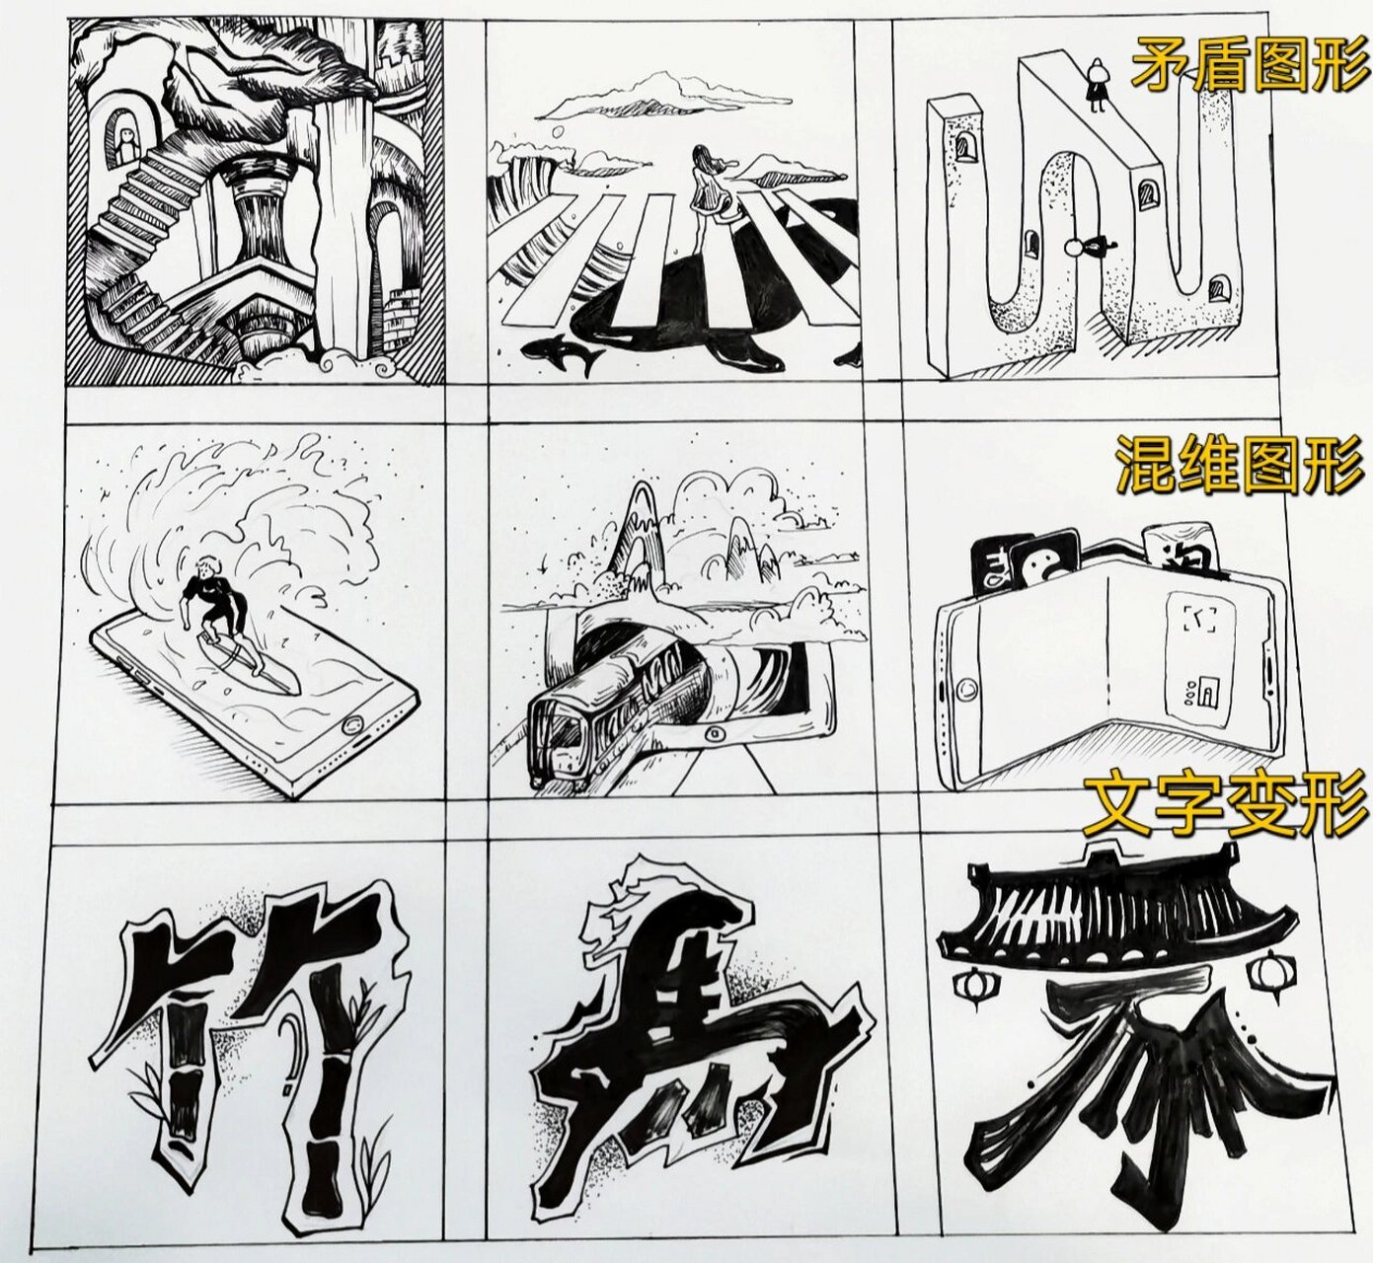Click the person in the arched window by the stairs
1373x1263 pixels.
(x=126, y=138)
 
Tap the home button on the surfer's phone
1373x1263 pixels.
(x=347, y=728)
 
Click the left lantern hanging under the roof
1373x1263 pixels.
(x=969, y=985)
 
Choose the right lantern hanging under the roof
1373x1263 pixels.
(x=1266, y=973)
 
